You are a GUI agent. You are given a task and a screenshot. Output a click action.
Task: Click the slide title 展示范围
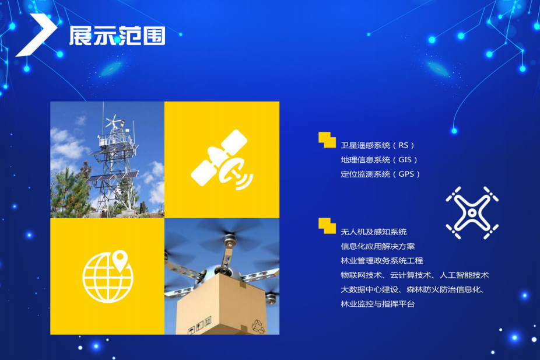point(117,36)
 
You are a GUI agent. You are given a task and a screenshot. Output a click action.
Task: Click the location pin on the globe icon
point(120,260)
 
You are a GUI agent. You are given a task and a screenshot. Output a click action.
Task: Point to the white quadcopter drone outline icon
point(472,213)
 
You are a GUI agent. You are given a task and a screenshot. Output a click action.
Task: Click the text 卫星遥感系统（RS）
point(378,145)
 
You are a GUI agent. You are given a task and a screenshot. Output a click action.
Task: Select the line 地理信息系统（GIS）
point(380,160)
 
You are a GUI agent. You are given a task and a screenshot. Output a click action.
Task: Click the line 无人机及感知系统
point(374,232)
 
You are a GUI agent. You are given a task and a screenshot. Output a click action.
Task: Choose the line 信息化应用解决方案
point(378,246)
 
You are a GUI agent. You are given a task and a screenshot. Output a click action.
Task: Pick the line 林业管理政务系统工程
point(382,261)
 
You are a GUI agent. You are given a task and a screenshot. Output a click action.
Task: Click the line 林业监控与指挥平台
point(378,304)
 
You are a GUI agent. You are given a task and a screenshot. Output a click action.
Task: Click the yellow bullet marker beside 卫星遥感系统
point(327,140)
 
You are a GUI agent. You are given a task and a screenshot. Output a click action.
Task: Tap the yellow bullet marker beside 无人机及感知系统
point(327,226)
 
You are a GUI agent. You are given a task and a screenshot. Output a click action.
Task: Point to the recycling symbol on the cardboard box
point(258,326)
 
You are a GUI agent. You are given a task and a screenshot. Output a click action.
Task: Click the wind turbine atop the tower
point(113,121)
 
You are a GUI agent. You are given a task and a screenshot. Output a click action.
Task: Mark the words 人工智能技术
point(464,275)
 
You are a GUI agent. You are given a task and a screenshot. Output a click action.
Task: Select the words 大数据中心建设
point(370,290)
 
